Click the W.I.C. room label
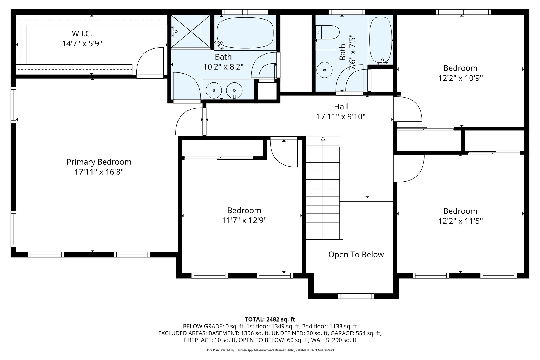pos(82,34)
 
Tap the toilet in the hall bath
pos(327,32)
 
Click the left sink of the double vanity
pos(214,90)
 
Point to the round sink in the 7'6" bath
pos(324,70)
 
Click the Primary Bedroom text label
pos(99,162)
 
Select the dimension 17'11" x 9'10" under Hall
pos(341,116)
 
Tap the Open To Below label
pos(356,255)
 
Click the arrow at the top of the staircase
pos(323,139)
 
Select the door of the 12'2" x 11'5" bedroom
pos(409,169)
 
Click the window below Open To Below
pos(356,296)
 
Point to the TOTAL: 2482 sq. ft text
pos(270,319)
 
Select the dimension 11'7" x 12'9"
pos(244,220)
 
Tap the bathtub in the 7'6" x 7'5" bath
pos(380,40)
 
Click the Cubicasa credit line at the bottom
pos(270,350)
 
